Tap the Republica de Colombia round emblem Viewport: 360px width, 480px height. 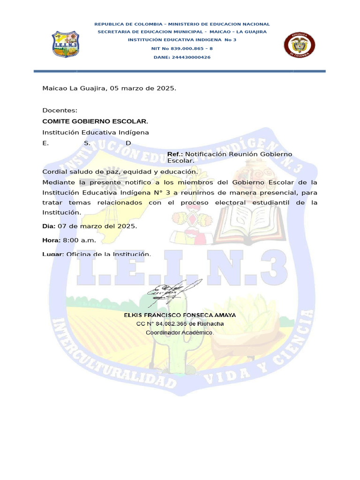[x=300, y=46]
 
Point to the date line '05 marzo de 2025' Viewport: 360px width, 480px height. [x=143, y=88]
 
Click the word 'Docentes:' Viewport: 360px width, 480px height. [x=60, y=111]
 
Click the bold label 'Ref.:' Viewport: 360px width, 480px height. [x=176, y=154]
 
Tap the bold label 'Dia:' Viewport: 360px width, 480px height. [x=49, y=226]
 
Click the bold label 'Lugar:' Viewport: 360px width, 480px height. [x=53, y=254]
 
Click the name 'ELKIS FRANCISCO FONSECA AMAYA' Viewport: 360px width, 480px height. [x=180, y=315]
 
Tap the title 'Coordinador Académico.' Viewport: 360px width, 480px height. [x=180, y=333]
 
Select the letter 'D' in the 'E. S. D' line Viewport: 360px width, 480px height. [x=128, y=143]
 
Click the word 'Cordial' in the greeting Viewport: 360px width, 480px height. [x=53, y=172]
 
